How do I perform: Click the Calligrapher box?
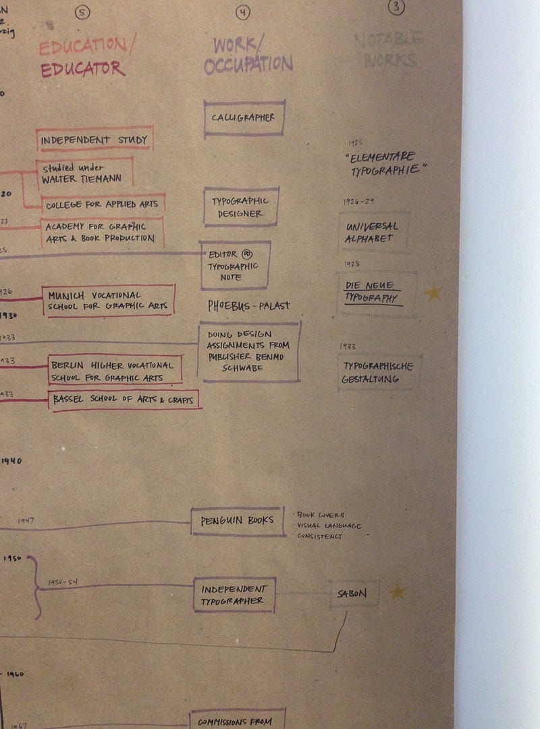244,118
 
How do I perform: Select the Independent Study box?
94,139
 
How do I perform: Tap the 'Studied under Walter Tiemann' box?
84,174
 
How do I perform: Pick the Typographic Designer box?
241,207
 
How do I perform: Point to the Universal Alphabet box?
373,232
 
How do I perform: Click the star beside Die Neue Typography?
433,293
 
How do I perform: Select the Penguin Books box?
238,521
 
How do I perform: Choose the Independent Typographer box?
234,595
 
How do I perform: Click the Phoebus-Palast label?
249,306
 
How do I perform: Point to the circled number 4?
243,12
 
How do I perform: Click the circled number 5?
82,11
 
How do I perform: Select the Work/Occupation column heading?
247,55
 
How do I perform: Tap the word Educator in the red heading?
82,69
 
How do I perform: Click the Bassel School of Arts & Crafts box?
124,400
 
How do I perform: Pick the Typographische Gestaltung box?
377,372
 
